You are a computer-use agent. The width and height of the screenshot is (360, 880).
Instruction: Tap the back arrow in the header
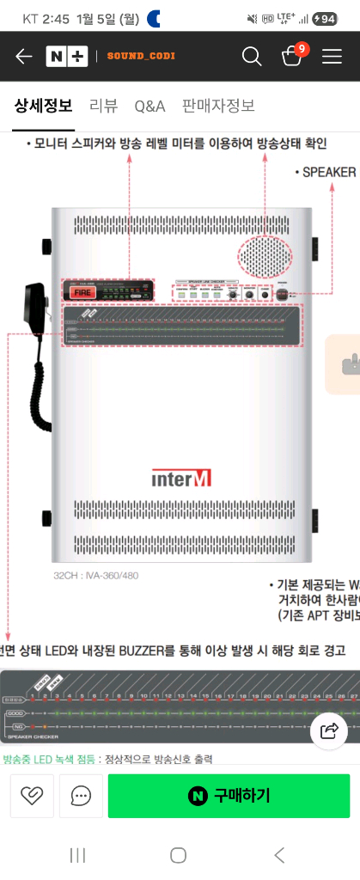tap(23, 57)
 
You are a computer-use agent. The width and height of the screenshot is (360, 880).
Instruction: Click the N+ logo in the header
tap(67, 57)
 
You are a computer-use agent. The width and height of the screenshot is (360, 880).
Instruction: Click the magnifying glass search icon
tap(252, 57)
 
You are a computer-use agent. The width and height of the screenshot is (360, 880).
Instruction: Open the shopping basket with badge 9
tap(292, 56)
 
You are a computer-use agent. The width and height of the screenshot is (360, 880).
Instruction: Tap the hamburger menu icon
tap(332, 57)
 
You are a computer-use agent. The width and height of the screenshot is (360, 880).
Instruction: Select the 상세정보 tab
tap(43, 106)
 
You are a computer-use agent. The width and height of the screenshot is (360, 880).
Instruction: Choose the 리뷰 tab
tap(103, 106)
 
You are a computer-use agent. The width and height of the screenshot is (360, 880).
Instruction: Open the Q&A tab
tap(149, 106)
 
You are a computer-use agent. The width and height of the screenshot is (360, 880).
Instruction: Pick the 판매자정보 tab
tap(218, 106)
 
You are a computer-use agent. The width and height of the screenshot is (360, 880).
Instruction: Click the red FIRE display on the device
tap(82, 292)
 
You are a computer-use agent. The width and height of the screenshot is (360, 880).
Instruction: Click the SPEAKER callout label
tap(328, 172)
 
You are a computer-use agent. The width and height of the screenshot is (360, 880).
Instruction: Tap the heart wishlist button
tap(32, 796)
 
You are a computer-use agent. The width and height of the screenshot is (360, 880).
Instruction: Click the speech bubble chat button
tap(82, 796)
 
